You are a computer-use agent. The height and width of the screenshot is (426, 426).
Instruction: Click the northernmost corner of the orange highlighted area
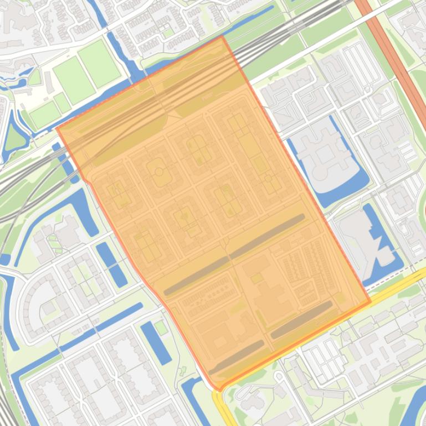223,37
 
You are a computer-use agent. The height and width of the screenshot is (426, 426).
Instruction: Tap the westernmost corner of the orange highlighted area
58,129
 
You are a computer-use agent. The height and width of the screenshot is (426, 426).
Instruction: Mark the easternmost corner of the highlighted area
369,302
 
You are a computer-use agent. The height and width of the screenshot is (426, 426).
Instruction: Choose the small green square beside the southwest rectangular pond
161,328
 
